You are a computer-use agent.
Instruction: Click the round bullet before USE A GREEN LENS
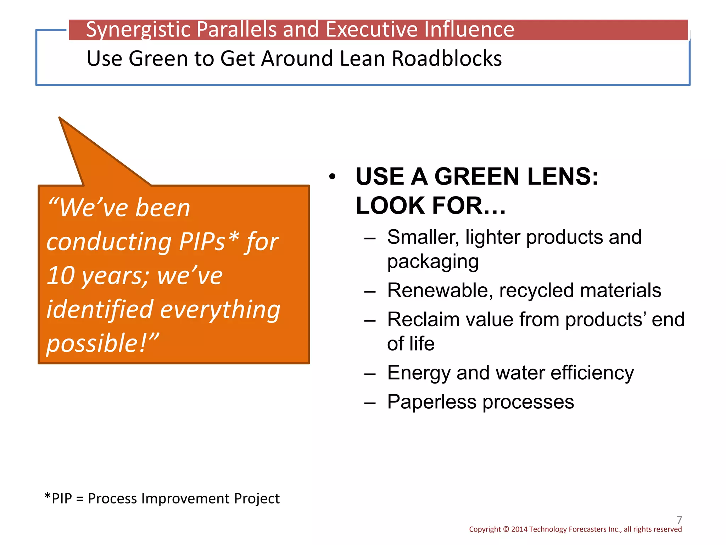click(332, 177)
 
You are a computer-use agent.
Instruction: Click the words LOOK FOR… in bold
click(430, 206)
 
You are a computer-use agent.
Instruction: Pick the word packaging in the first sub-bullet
click(433, 262)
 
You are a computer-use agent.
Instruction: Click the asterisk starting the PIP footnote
click(48, 496)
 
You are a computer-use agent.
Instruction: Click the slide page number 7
click(679, 520)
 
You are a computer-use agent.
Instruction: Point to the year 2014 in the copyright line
click(519, 529)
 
